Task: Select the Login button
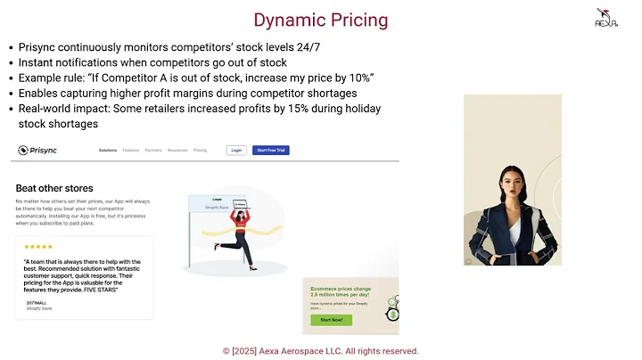pos(236,151)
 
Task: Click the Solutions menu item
pos(108,151)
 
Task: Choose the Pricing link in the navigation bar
pos(200,151)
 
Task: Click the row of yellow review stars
pos(37,247)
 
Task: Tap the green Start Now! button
pos(330,320)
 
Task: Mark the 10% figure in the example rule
pos(360,78)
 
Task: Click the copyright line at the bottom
pos(320,351)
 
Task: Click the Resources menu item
pos(177,151)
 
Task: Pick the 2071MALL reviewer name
pos(33,303)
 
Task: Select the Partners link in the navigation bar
pos(153,151)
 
